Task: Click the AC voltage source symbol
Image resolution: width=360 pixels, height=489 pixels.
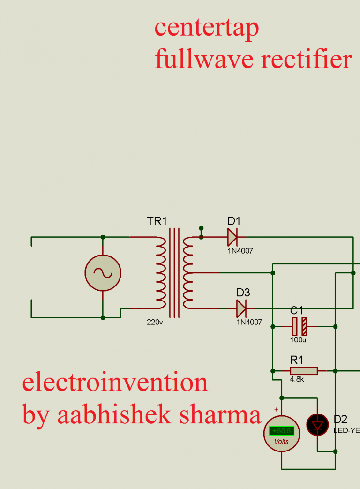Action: click(x=103, y=273)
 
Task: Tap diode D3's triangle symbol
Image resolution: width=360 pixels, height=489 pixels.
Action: click(x=241, y=308)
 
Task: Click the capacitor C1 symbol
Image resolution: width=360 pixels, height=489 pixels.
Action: click(x=300, y=326)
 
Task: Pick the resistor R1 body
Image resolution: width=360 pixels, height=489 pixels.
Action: click(x=304, y=371)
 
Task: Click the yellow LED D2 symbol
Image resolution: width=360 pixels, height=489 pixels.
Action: click(x=317, y=425)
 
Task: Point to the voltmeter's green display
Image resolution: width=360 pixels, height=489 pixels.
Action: click(x=281, y=430)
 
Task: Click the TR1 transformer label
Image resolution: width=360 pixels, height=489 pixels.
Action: click(x=157, y=221)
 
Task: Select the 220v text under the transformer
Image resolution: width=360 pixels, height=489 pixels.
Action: click(x=155, y=322)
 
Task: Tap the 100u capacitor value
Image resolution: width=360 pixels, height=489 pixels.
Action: click(x=299, y=339)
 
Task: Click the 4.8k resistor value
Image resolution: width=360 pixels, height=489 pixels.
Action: click(x=297, y=379)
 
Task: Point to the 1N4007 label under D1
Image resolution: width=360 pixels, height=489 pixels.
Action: click(x=240, y=251)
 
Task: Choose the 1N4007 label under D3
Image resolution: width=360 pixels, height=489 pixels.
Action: click(x=249, y=322)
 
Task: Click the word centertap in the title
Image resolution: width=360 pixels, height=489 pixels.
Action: click(x=206, y=28)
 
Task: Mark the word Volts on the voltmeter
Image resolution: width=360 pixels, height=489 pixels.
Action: click(x=281, y=442)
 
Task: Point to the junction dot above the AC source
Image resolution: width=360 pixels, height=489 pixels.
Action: click(x=103, y=237)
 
